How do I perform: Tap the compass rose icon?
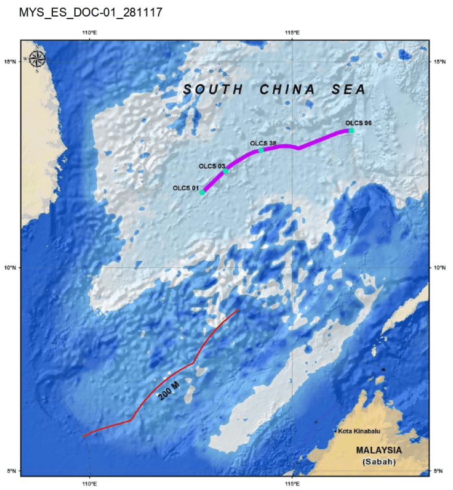[x=37, y=59]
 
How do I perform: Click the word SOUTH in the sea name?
[x=214, y=90]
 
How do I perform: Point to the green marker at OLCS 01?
[x=202, y=192]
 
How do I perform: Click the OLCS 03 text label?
[x=211, y=166]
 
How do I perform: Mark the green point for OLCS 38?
[x=261, y=150]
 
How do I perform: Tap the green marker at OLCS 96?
[x=351, y=131]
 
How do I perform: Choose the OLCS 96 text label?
[x=358, y=123]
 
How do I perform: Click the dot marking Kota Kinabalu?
[x=335, y=431]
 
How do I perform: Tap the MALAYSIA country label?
[x=379, y=451]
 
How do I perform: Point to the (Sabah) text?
[x=379, y=462]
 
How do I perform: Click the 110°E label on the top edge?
[x=90, y=32]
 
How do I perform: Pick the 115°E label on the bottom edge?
[x=292, y=483]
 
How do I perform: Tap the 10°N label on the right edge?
[x=439, y=268]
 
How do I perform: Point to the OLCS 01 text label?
[x=185, y=188]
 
